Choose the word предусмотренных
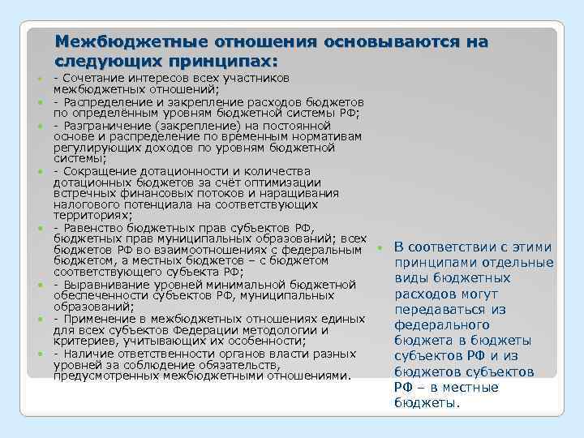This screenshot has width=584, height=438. (x=105, y=376)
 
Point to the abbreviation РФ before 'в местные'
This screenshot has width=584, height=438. (x=404, y=387)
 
